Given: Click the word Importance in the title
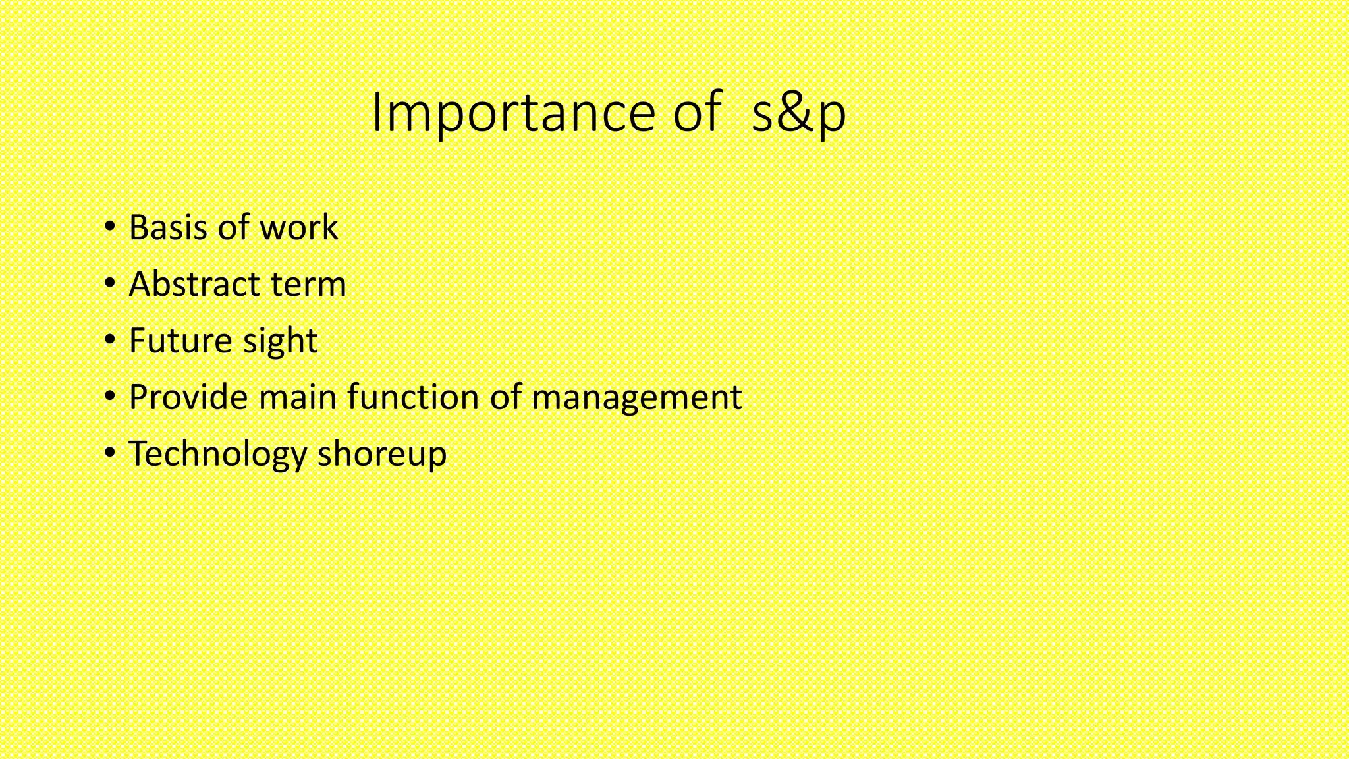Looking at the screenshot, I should pyautogui.click(x=513, y=113).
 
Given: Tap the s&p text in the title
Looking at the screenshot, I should pyautogui.click(x=798, y=113).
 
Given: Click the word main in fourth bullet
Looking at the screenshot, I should pyautogui.click(x=298, y=397).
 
